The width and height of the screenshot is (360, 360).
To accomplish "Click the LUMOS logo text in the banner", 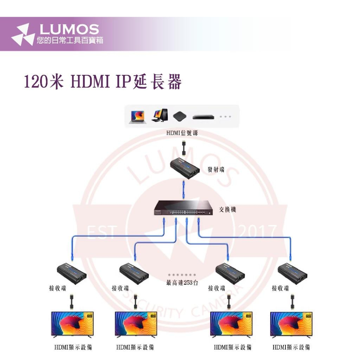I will coord(68,29).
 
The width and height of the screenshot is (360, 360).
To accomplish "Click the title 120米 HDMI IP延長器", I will coord(103,82).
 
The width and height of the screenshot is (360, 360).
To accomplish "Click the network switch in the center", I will coord(184,209).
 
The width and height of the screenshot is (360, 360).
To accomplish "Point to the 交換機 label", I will coord(228,210).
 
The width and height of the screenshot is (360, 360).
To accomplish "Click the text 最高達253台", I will coord(182,283).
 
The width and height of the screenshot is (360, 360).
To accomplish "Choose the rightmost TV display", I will coord(291,324).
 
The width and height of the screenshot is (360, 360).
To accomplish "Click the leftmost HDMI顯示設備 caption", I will coord(73,347).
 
